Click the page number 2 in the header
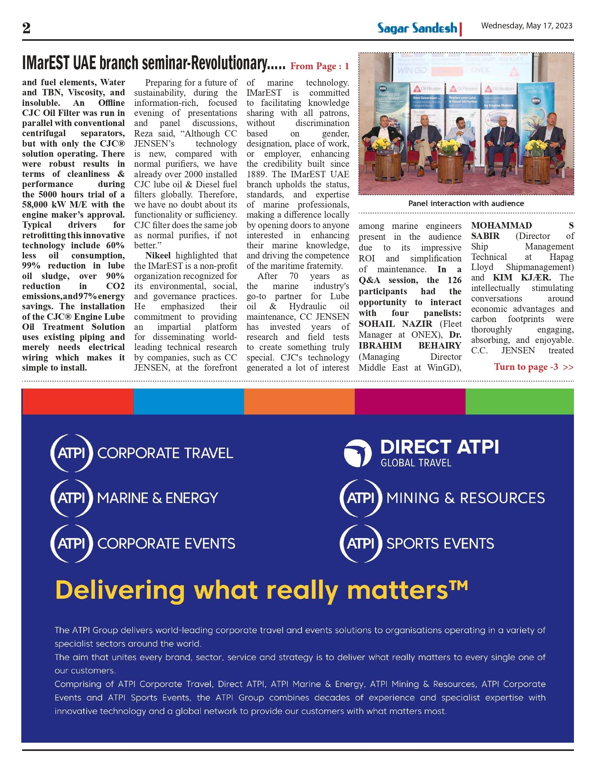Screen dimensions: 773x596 (x=27, y=28)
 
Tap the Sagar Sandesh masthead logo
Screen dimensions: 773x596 (x=417, y=28)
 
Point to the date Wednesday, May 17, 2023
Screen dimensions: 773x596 (x=526, y=26)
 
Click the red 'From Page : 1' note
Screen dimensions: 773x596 (x=319, y=66)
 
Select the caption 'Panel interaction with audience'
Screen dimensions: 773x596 (x=466, y=203)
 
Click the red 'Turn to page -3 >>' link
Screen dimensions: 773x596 (x=533, y=367)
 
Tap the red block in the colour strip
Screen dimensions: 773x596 (x=78, y=402)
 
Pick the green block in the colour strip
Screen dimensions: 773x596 (x=519, y=402)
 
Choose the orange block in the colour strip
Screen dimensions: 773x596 (x=299, y=402)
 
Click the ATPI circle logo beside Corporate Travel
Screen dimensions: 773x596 (x=71, y=453)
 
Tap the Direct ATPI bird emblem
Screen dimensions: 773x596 (x=358, y=453)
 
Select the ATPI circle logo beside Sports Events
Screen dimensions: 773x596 (x=361, y=543)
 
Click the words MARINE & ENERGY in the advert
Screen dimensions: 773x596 (x=157, y=498)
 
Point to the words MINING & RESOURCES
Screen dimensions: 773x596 (x=465, y=498)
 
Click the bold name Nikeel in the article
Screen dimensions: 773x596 (x=158, y=255)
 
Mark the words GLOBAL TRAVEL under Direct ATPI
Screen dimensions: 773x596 (x=416, y=463)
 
